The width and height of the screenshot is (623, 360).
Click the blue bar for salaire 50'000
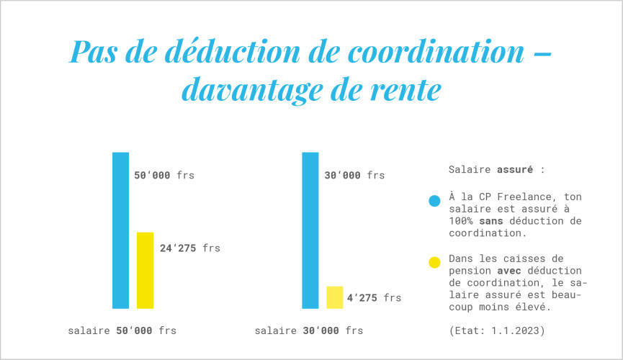pyautogui.click(x=120, y=230)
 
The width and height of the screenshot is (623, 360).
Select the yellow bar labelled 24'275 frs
pyautogui.click(x=145, y=270)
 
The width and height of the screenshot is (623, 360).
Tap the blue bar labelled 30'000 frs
pyautogui.click(x=310, y=230)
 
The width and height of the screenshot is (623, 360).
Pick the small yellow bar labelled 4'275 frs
pyautogui.click(x=334, y=297)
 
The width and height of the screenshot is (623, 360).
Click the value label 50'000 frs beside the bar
pyautogui.click(x=164, y=175)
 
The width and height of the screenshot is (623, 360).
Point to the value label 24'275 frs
pyautogui.click(x=189, y=248)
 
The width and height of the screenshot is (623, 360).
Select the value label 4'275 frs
pyautogui.click(x=374, y=297)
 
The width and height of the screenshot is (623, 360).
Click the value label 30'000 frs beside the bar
pyautogui.click(x=354, y=175)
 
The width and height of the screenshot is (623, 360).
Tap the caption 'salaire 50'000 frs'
pyautogui.click(x=122, y=331)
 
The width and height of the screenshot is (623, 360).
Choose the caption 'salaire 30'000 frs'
pyautogui.click(x=308, y=331)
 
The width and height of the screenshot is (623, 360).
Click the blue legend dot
pyautogui.click(x=434, y=202)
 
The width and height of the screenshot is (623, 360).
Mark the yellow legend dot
pyautogui.click(x=434, y=263)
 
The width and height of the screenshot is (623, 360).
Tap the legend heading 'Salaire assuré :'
pyautogui.click(x=496, y=170)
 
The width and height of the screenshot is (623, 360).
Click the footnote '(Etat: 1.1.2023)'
pyautogui.click(x=496, y=331)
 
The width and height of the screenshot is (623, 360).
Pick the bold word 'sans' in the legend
pyautogui.click(x=490, y=220)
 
